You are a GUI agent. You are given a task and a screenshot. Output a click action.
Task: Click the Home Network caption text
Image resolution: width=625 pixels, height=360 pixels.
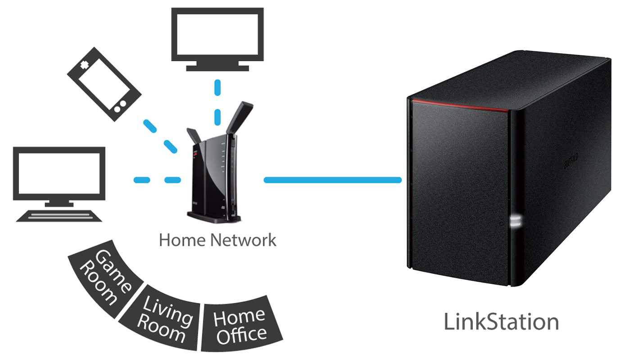click(217, 240)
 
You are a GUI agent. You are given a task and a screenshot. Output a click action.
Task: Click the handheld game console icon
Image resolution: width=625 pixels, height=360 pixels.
click(104, 84)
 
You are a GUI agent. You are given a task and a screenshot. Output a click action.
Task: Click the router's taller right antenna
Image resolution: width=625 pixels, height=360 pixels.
click(239, 117)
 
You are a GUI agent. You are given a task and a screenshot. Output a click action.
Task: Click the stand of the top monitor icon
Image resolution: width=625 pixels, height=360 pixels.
click(217, 66)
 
